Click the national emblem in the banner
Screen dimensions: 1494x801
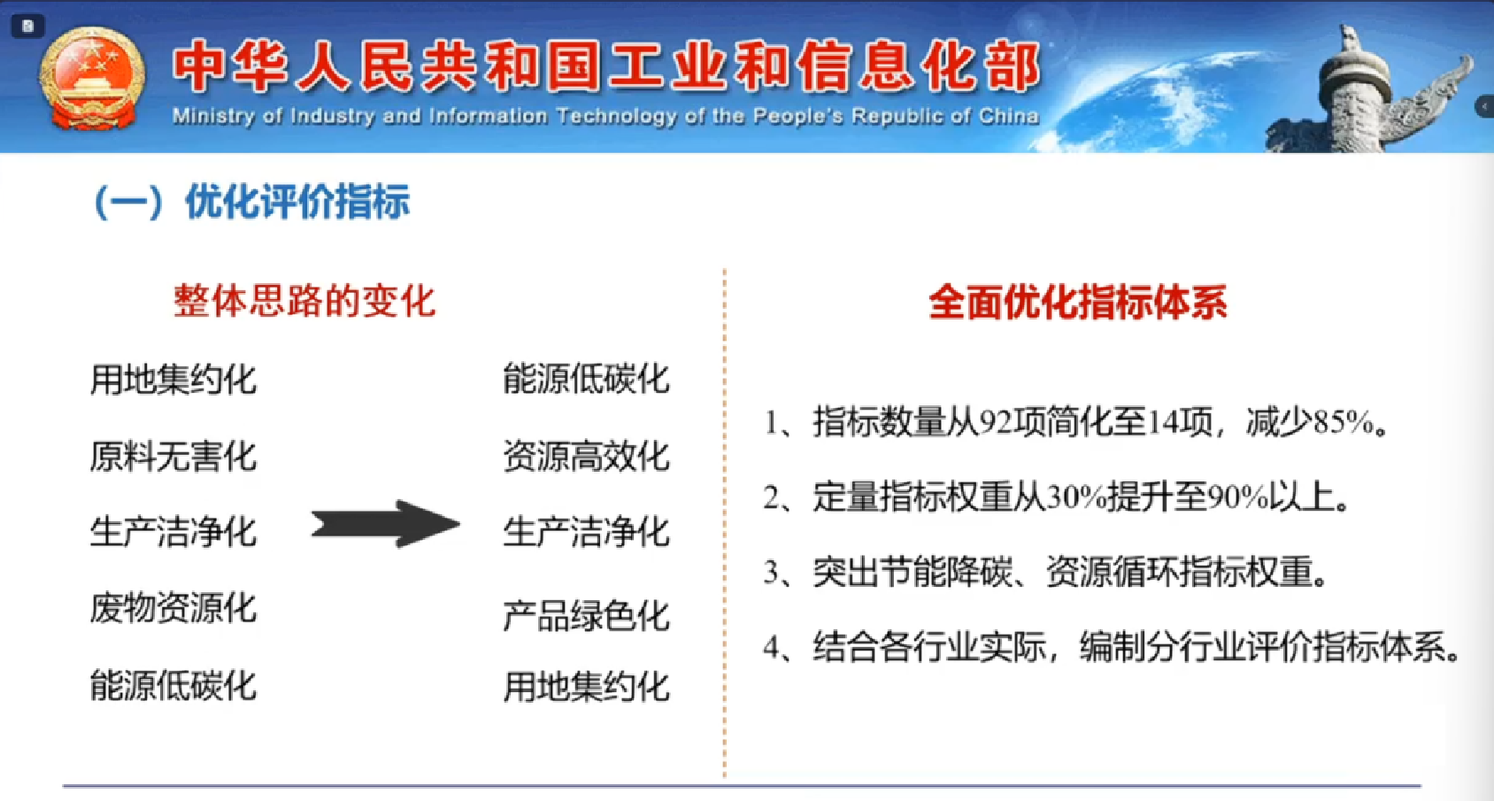pyautogui.click(x=91, y=79)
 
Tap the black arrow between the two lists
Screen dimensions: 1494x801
pyautogui.click(x=386, y=524)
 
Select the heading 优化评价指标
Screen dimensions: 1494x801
pyautogui.click(x=296, y=202)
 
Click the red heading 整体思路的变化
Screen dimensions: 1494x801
pyautogui.click(x=304, y=302)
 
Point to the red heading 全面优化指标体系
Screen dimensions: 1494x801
pyautogui.click(x=1078, y=303)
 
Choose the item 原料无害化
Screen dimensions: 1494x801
pyautogui.click(x=173, y=457)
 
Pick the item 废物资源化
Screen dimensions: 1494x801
pyautogui.click(x=173, y=608)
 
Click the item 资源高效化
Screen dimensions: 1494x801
pyautogui.click(x=586, y=457)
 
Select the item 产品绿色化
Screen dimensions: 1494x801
pyautogui.click(x=586, y=615)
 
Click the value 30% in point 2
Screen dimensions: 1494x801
pyautogui.click(x=1077, y=497)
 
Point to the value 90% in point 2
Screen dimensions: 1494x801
pyautogui.click(x=1238, y=497)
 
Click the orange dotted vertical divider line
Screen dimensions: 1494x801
pyautogui.click(x=724, y=523)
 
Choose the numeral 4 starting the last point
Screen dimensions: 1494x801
pyautogui.click(x=772, y=647)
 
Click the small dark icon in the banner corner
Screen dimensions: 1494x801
pyautogui.click(x=27, y=27)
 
